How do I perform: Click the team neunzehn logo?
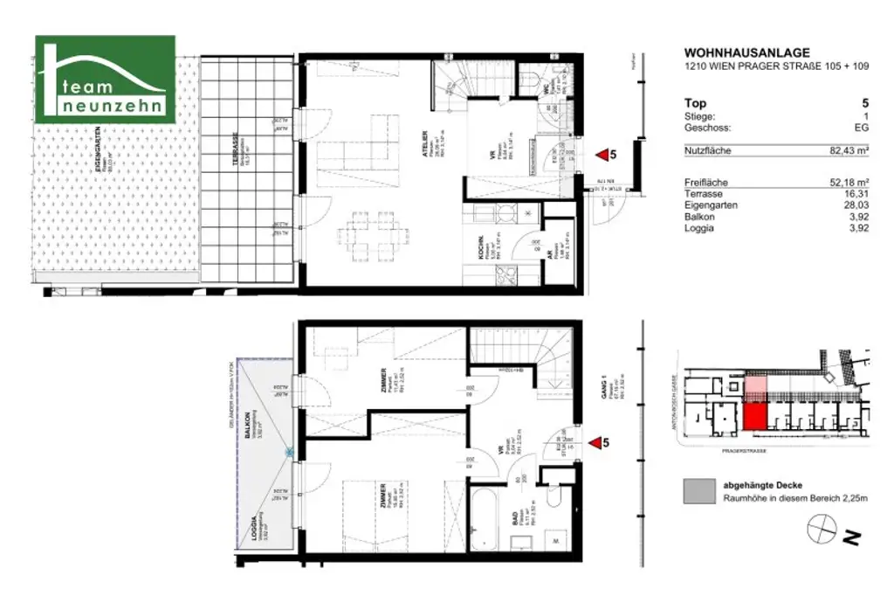coord(105,80)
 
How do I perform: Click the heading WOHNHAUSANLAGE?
coord(734,52)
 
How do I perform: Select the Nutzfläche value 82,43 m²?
coord(848,151)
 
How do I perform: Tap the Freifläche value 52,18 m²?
coord(848,182)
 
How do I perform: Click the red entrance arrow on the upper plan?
coord(602,156)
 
